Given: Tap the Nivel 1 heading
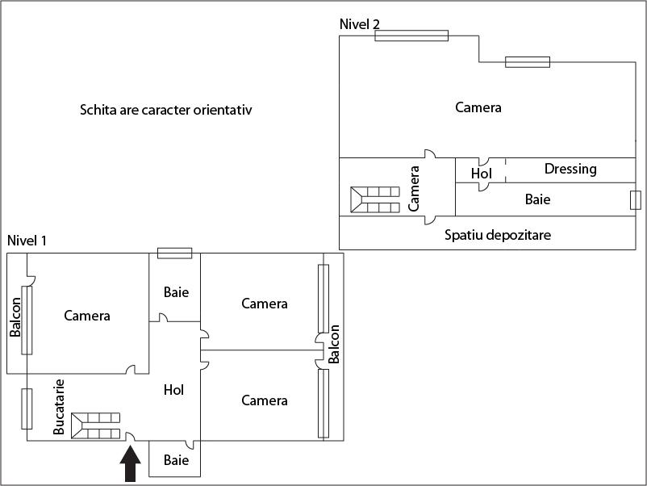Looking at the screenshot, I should [27, 241].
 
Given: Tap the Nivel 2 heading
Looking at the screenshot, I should [360, 24].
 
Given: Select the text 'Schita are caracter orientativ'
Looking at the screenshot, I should [165, 110].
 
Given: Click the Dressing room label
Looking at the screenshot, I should [570, 169].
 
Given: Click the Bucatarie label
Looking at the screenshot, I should [59, 406].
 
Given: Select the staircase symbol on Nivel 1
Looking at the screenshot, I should [95, 425].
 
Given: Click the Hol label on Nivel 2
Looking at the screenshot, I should [481, 173].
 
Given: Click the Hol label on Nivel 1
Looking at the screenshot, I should [173, 390].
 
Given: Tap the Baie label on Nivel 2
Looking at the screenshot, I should [537, 199].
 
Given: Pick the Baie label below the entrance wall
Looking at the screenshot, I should [176, 460].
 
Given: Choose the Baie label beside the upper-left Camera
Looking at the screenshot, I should [176, 292].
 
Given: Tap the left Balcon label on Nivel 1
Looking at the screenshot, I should [15, 317].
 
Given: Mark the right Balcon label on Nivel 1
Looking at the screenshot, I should [335, 343].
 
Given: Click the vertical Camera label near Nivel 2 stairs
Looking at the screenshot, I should [415, 189].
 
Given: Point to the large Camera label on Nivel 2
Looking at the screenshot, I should [478, 107].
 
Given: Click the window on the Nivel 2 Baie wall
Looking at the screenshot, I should [635, 200].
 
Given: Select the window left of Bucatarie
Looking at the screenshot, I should [27, 408].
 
